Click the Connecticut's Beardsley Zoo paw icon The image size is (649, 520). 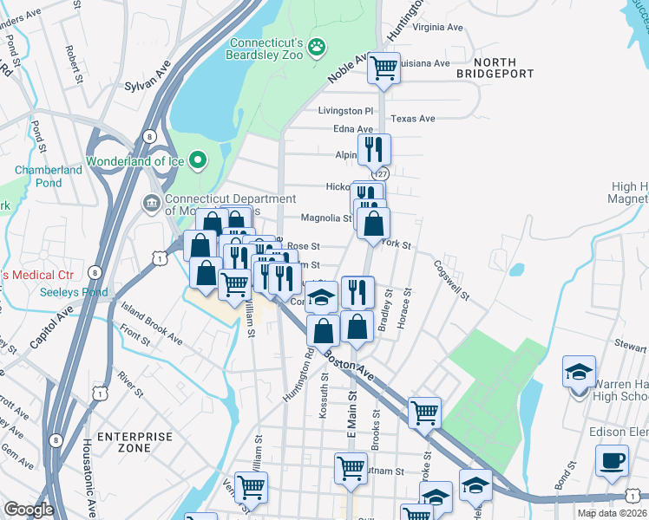pyautogui.click(x=318, y=44)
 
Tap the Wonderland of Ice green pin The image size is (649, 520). pyautogui.click(x=199, y=160)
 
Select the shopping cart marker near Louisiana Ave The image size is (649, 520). pyautogui.click(x=383, y=68)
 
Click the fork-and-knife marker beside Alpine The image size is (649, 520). pyautogui.click(x=374, y=149)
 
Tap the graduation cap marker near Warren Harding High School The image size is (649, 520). pyautogui.click(x=579, y=372)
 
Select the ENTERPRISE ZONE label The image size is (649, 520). pyautogui.click(x=131, y=444)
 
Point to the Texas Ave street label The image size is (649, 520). pyautogui.click(x=412, y=119)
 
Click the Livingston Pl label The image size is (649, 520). pyautogui.click(x=344, y=111)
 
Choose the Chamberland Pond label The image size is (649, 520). pyautogui.click(x=49, y=176)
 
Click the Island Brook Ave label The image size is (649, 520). pyautogui.click(x=152, y=323)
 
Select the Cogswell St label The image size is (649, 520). pyautogui.click(x=451, y=281)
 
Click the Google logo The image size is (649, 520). pyautogui.click(x=29, y=510)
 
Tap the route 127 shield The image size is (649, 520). pyautogui.click(x=381, y=173)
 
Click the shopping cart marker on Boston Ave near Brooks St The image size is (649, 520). pyautogui.click(x=424, y=413)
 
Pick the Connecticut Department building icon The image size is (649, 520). pyautogui.click(x=148, y=202)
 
